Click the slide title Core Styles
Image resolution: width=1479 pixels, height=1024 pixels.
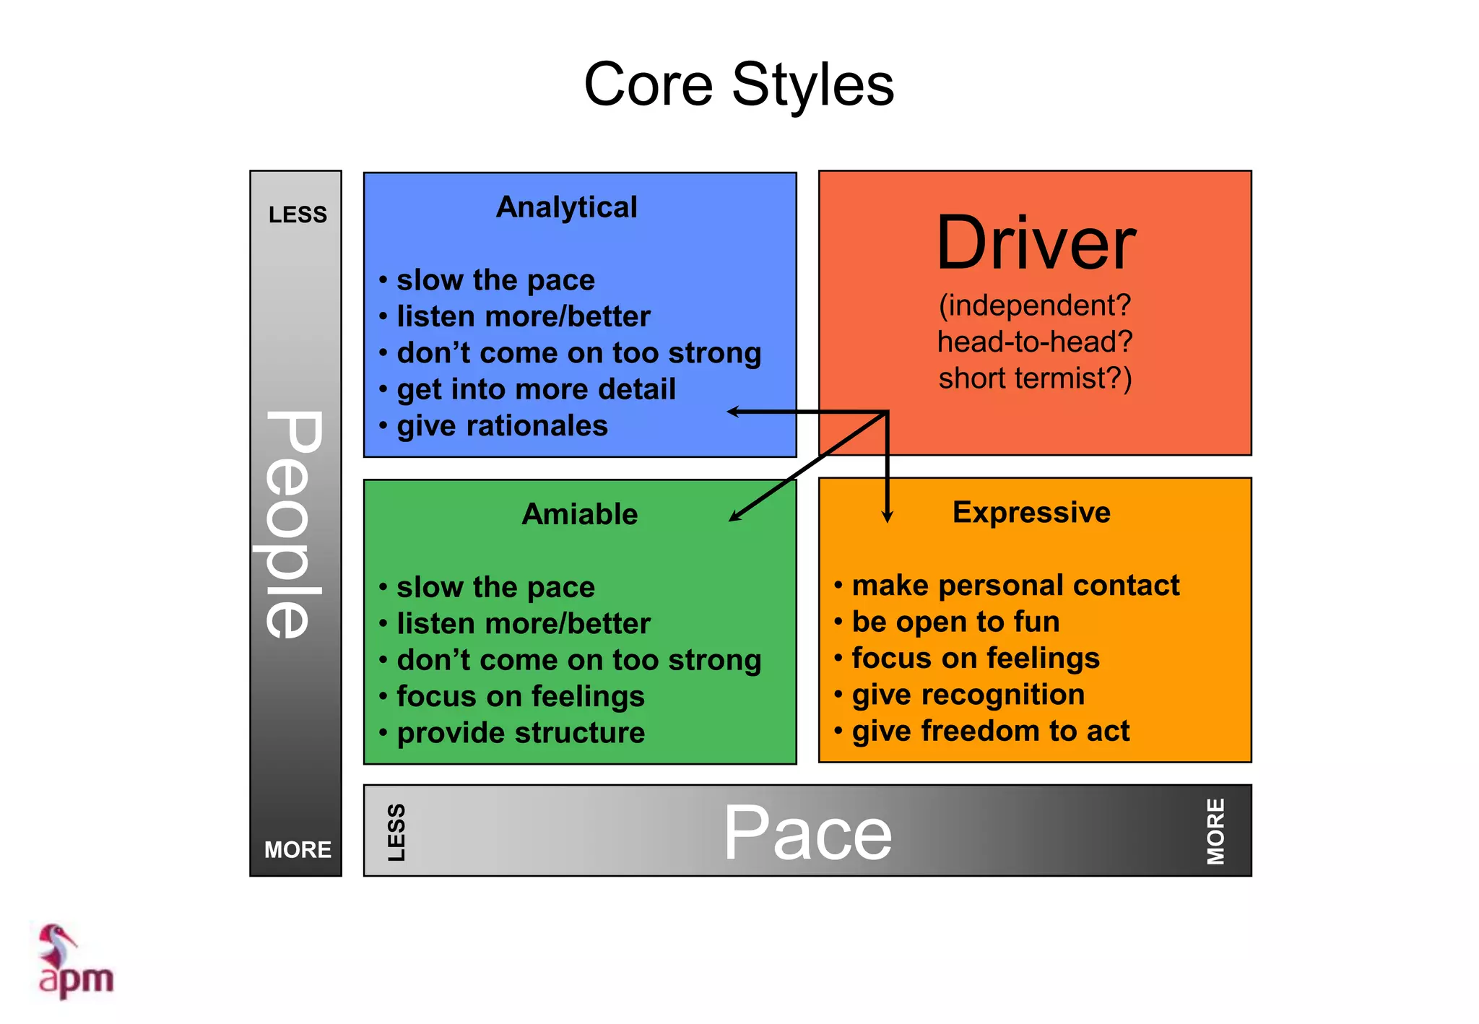[739, 84]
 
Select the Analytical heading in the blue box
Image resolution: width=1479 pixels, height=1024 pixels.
[567, 207]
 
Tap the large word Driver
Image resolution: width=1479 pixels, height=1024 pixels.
[1036, 243]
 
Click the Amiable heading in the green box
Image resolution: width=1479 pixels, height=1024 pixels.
[580, 514]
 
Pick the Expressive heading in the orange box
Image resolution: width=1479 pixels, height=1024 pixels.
[1031, 512]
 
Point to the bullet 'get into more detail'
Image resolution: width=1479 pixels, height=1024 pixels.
[536, 389]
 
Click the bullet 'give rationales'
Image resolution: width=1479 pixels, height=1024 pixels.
[502, 426]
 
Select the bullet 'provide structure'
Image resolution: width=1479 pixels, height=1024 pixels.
[521, 733]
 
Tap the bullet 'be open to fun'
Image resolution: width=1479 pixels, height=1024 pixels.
[955, 622]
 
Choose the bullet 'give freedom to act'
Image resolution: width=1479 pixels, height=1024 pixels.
[990, 731]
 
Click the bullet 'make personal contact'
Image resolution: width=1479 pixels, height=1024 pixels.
[1015, 585]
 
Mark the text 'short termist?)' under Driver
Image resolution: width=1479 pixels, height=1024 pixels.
[1035, 378]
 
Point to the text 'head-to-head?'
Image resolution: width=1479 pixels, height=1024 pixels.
[1035, 342]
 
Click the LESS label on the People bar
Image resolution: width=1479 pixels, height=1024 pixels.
[298, 214]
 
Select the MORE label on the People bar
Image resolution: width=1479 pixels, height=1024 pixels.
[298, 849]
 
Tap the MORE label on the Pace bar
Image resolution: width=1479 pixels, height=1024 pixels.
[1215, 831]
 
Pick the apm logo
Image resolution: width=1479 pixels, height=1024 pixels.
[75, 962]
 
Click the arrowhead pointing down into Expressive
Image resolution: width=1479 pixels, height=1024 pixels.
[888, 516]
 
